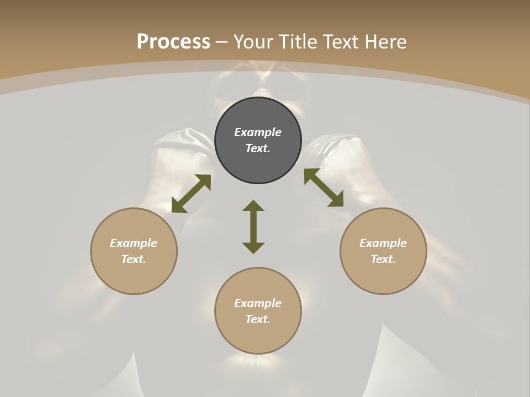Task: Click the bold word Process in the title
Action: point(173,42)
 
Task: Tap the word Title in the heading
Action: point(298,42)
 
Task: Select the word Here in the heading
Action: point(385,42)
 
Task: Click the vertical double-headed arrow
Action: point(253,227)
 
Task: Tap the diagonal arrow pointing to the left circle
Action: point(191,194)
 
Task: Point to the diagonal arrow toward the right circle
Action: point(324,187)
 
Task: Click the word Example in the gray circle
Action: point(258,132)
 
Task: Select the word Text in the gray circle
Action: point(257,148)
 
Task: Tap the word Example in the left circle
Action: point(134,243)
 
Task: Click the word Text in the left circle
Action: point(132,259)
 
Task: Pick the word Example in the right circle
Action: point(383,243)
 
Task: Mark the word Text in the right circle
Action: point(382,259)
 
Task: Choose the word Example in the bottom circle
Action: point(258,303)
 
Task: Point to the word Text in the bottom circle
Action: point(257,319)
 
